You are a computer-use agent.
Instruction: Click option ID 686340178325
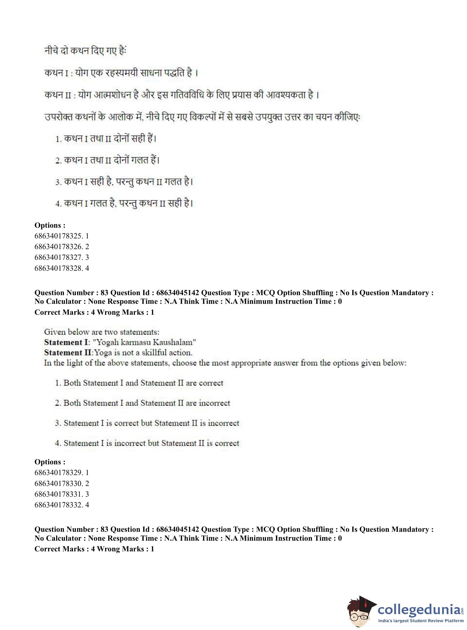pos(61,236)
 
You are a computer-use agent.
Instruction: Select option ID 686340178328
pos(61,268)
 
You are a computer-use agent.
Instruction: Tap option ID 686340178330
pos(61,483)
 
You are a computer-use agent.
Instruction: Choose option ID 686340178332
pos(61,505)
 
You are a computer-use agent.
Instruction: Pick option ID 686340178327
pos(61,257)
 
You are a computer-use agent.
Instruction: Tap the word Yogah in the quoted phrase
pos(108,342)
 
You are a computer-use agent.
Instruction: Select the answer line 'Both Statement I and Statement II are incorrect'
pos(142,403)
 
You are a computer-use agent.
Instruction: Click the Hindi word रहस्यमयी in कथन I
pos(122,73)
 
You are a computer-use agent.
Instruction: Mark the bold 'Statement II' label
pos(68,353)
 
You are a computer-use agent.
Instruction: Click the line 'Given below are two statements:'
pos(101,332)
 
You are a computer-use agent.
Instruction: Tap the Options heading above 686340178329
pos(50,462)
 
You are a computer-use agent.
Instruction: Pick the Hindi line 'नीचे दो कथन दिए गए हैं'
pos(85,51)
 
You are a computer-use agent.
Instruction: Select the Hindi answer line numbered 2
pos(107,160)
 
